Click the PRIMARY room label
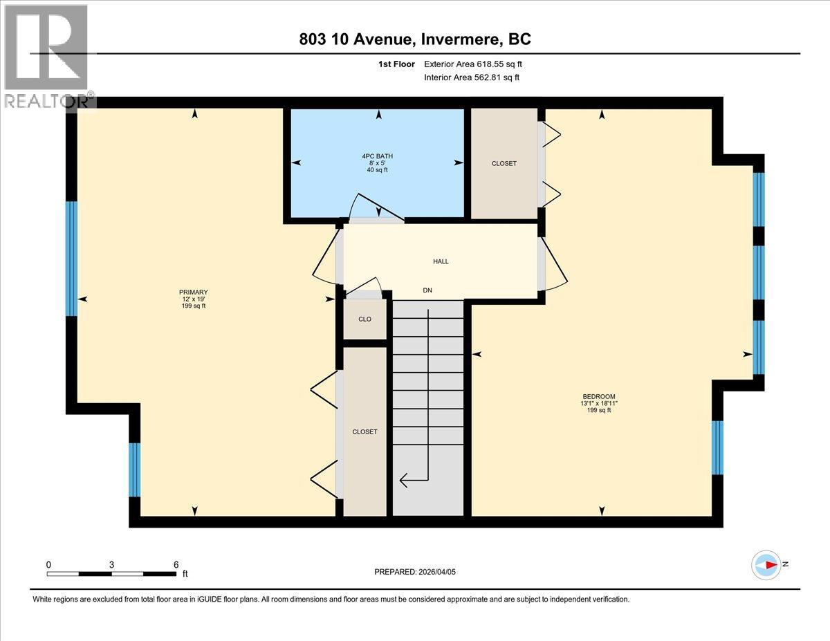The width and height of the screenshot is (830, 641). (x=193, y=292)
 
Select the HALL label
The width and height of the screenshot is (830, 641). (x=441, y=261)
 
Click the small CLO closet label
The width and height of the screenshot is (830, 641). (x=365, y=319)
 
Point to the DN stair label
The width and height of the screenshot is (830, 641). (x=427, y=291)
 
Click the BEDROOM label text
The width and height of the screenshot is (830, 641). (x=598, y=396)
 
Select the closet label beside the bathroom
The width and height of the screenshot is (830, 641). (x=504, y=163)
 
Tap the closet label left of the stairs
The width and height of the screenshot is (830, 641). (x=365, y=431)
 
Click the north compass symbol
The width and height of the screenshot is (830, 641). (x=767, y=565)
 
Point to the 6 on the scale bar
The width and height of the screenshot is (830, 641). (x=176, y=564)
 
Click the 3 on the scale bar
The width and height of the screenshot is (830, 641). (x=111, y=564)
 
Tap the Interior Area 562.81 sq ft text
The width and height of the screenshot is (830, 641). (x=471, y=77)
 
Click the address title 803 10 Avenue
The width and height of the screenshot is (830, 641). (x=415, y=39)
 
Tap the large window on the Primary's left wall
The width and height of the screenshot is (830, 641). (x=71, y=259)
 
